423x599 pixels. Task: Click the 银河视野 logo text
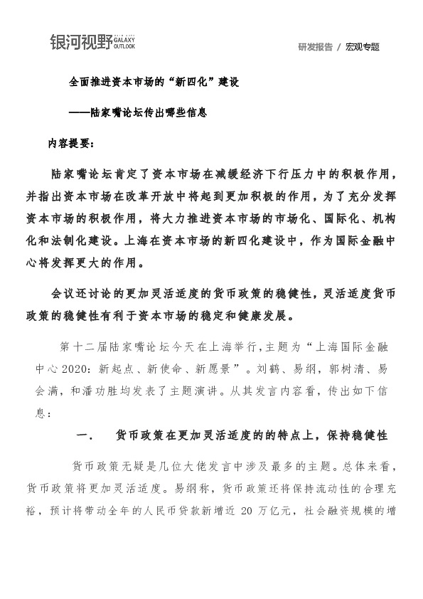coord(81,43)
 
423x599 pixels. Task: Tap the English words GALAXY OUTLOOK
coord(124,43)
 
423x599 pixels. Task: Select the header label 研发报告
coord(316,47)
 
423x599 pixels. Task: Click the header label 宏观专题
coord(363,47)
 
